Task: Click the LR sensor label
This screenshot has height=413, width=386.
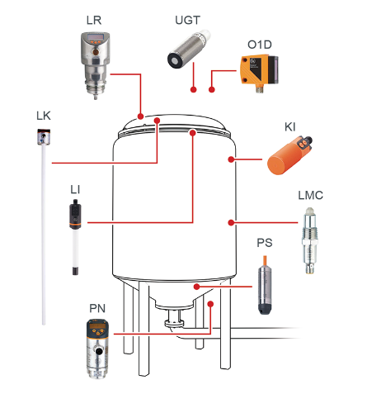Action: pyautogui.click(x=94, y=21)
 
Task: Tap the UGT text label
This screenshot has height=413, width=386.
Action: pyautogui.click(x=188, y=20)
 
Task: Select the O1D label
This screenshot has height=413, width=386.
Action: pyautogui.click(x=260, y=45)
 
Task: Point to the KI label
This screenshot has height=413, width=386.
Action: pyautogui.click(x=290, y=127)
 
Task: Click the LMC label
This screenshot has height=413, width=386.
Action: pyautogui.click(x=310, y=195)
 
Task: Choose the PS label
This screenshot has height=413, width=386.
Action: pyautogui.click(x=265, y=243)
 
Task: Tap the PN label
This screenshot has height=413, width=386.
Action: pyautogui.click(x=97, y=308)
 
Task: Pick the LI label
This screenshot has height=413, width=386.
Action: pyautogui.click(x=75, y=190)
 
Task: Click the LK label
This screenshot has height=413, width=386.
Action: pyautogui.click(x=44, y=116)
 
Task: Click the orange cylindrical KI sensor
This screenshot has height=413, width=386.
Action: pyautogui.click(x=288, y=156)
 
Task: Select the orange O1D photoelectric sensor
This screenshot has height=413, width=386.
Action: pyautogui.click(x=259, y=73)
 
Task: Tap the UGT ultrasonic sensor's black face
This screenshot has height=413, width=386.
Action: pyautogui.click(x=174, y=60)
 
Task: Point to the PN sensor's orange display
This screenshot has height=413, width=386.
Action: pyautogui.click(x=97, y=326)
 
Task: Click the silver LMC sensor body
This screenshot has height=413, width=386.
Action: pyautogui.click(x=310, y=240)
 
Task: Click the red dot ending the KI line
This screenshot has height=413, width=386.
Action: pyautogui.click(x=231, y=159)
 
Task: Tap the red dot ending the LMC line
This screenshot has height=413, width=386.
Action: pyautogui.click(x=231, y=222)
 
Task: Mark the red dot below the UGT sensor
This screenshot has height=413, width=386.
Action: pyautogui.click(x=194, y=89)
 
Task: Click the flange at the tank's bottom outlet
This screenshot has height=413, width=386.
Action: pyautogui.click(x=174, y=323)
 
